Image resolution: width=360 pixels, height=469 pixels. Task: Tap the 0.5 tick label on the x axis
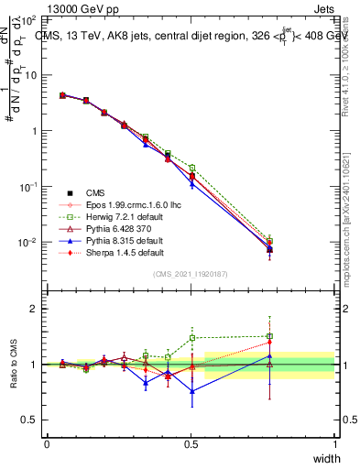point(191,443)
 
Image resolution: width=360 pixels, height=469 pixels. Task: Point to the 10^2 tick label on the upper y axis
point(27,18)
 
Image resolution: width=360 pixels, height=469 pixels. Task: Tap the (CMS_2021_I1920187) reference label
point(191,274)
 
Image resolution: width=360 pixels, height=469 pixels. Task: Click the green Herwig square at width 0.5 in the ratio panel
point(192,337)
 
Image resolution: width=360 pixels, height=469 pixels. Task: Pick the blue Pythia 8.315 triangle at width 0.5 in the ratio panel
point(192,391)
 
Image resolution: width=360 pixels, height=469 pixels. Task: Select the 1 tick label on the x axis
point(335,443)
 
